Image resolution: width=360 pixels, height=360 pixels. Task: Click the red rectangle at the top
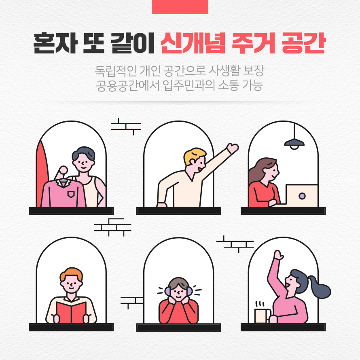pos(180,7)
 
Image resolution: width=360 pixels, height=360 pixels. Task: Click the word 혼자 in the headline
pos(55,43)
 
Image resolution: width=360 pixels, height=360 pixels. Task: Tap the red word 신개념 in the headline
pos(193,43)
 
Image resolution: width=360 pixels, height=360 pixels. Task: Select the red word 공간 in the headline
pos(303,43)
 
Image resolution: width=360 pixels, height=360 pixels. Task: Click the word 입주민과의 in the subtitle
pos(189,85)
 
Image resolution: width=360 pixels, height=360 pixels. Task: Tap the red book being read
pos(72,313)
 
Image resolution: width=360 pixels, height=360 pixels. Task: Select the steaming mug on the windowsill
pos(263,315)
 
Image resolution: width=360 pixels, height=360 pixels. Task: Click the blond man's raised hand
pos(232,148)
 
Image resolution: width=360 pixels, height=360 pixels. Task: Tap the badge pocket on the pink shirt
pos(71,195)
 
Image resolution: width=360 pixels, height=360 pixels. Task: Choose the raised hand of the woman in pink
pos(279,255)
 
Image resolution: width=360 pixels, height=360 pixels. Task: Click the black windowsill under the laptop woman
pos(283,211)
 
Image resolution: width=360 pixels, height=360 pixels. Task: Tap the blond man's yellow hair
pos(195,155)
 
